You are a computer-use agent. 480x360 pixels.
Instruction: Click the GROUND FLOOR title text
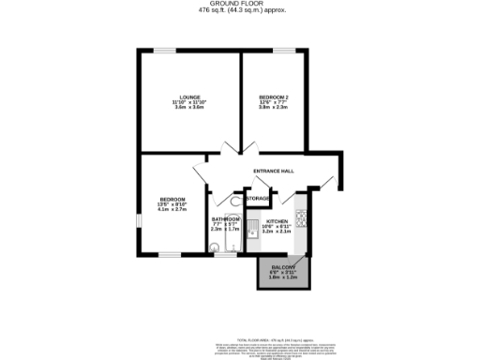point(241,4)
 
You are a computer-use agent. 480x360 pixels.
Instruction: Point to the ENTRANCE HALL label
point(274,171)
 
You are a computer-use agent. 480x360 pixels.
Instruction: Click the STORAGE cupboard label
point(259,199)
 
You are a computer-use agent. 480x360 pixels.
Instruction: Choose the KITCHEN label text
point(275,221)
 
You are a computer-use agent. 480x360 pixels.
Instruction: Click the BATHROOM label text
point(225,218)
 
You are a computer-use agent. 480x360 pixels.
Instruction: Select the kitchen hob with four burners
point(302,220)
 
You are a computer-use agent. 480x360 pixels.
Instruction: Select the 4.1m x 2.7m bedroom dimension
point(172,210)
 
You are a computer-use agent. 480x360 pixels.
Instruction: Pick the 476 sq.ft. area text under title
point(241,11)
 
